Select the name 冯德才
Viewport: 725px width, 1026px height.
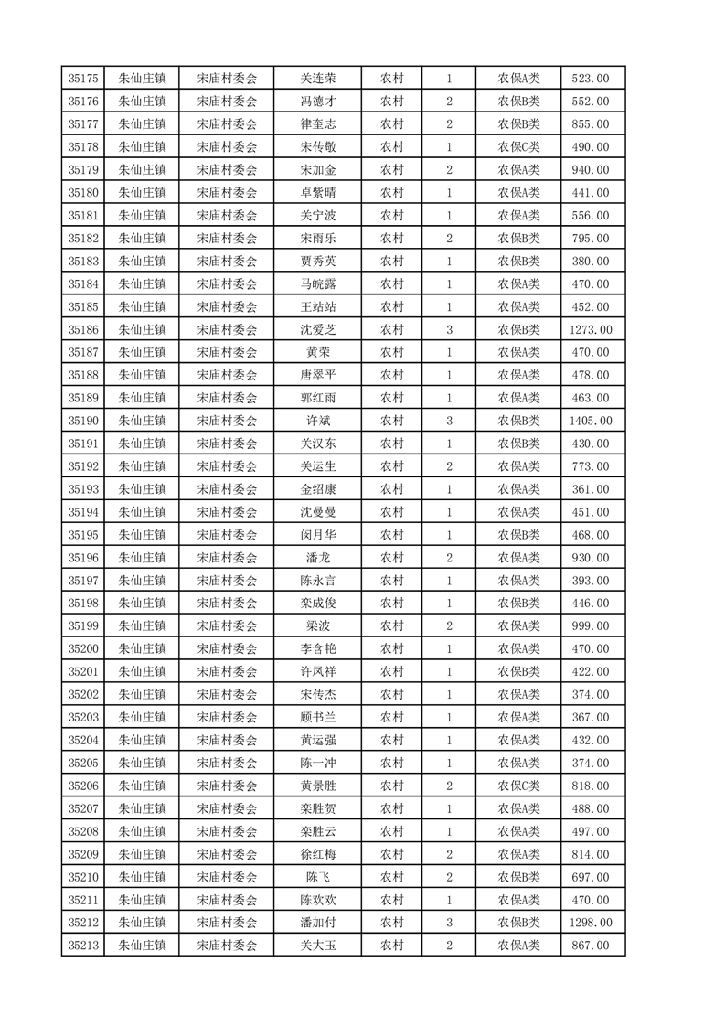pyautogui.click(x=318, y=102)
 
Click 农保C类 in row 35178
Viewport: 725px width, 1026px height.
pyautogui.click(x=518, y=147)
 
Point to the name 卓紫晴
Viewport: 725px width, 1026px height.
pyautogui.click(x=318, y=193)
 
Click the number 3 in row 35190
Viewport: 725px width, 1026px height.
pyautogui.click(x=449, y=421)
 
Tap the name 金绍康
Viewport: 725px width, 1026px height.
pyautogui.click(x=318, y=489)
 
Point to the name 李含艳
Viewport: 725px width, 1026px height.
pyautogui.click(x=318, y=649)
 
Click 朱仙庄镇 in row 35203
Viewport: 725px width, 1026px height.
pyautogui.click(x=142, y=717)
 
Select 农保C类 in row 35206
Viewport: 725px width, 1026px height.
pyautogui.click(x=518, y=786)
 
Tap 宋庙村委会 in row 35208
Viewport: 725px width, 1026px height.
pyautogui.click(x=228, y=831)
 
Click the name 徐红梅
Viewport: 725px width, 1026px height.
pyautogui.click(x=318, y=854)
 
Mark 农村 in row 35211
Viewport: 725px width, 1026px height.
pyautogui.click(x=392, y=900)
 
